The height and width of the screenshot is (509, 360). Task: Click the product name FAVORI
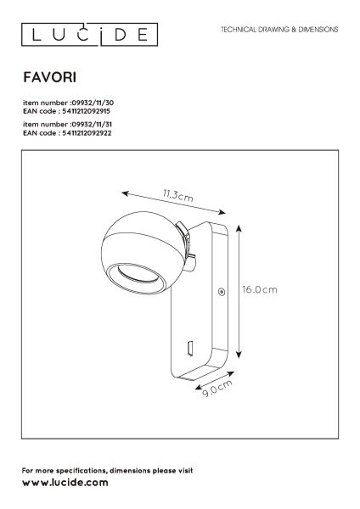tap(50, 77)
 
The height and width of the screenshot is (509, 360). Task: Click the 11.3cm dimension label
tap(177, 196)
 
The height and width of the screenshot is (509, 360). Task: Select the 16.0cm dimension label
tap(260, 289)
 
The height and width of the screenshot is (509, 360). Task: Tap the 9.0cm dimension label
tap(217, 388)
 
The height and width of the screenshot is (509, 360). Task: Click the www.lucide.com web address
tap(65, 483)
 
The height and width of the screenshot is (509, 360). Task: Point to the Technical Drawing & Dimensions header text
tap(279, 30)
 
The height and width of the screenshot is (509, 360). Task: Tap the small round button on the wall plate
tap(222, 292)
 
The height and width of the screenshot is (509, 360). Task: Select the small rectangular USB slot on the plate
tap(190, 347)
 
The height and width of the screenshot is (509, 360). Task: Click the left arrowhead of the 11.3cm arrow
tap(124, 193)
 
